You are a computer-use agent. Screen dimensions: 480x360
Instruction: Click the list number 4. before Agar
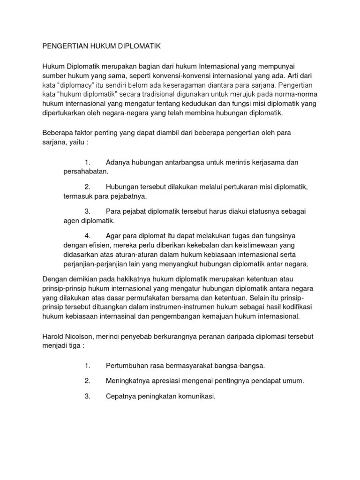click(88, 235)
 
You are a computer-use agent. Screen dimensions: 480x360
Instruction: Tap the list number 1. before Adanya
click(88, 162)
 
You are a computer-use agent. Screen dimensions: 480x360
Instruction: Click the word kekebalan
click(200, 245)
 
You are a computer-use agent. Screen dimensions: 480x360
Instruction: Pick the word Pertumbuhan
click(128, 365)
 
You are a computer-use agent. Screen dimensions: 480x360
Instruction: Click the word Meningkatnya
click(128, 381)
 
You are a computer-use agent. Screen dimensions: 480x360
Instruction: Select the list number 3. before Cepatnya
click(88, 396)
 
